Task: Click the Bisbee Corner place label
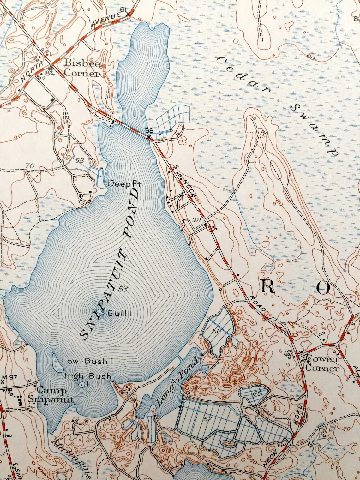click(x=82, y=68)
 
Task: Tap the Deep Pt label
click(x=124, y=183)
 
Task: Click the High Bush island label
click(x=88, y=376)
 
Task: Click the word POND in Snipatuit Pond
click(x=129, y=214)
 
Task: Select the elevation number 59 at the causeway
click(x=149, y=130)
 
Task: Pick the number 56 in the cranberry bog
click(x=216, y=331)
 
